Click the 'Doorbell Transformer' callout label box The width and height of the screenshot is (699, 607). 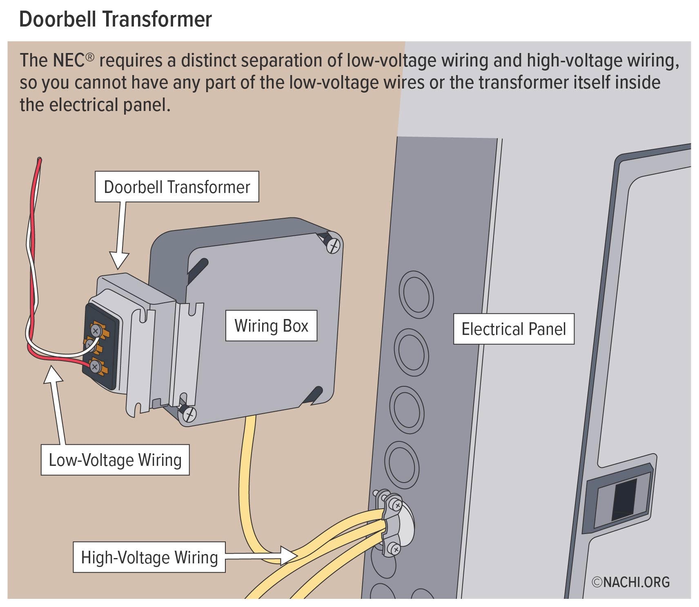pyautogui.click(x=177, y=187)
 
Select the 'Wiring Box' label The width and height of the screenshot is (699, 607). pyautogui.click(x=271, y=326)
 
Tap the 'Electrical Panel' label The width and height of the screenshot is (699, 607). pyautogui.click(x=513, y=329)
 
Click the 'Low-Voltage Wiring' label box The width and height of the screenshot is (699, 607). pyautogui.click(x=115, y=460)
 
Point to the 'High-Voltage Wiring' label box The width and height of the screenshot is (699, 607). pyautogui.click(x=149, y=557)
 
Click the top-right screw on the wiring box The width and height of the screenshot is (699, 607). pyautogui.click(x=334, y=246)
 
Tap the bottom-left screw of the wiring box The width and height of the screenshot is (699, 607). pyautogui.click(x=189, y=414)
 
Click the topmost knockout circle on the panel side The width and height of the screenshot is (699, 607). pyautogui.click(x=416, y=294)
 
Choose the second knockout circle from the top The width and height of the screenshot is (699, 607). pyautogui.click(x=412, y=352)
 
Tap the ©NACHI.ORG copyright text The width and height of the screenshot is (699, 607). pyautogui.click(x=631, y=582)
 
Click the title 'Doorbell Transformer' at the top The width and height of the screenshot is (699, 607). pyautogui.click(x=116, y=19)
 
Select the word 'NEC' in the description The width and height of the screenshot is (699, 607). pyautogui.click(x=68, y=60)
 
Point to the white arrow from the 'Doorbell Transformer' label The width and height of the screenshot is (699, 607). pyautogui.click(x=120, y=237)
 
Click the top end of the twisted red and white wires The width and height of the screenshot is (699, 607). pyautogui.click(x=39, y=161)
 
